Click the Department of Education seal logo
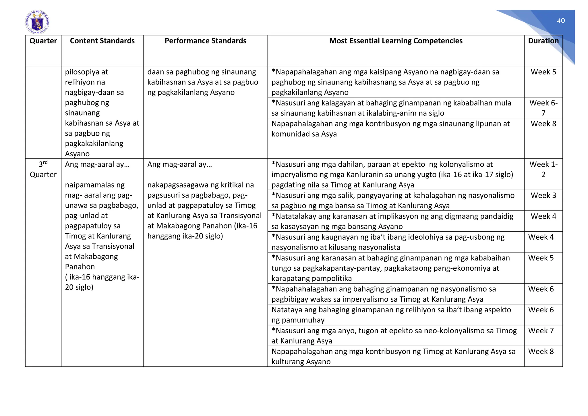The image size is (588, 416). pos(37,22)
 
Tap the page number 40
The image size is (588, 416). pos(560,21)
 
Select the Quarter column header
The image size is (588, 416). pos(43,41)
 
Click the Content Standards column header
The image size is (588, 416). pos(102,41)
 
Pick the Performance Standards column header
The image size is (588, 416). pos(205,41)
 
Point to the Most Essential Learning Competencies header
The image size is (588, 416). pos(396,41)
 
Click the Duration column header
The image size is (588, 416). pos(543,41)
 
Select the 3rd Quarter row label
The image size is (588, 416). pos(43,170)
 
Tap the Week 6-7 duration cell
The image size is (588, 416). pos(543,108)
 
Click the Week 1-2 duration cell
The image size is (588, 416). pos(543,169)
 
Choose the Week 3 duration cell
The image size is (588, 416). pos(543,195)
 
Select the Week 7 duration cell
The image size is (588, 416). pos(541,331)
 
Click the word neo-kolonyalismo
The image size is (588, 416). pos(454,331)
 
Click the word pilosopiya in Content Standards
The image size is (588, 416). pos(82,72)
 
